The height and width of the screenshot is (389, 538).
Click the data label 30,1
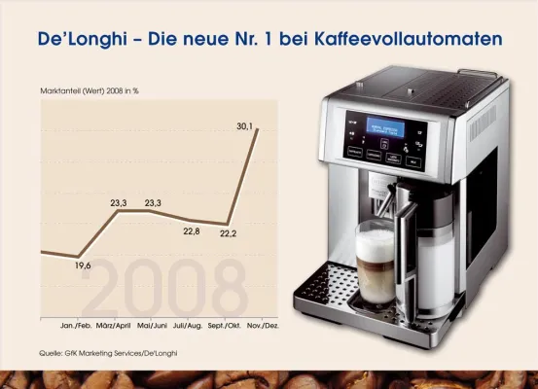pyautogui.click(x=244, y=124)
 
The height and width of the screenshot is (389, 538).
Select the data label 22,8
pyautogui.click(x=192, y=230)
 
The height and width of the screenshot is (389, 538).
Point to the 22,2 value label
pyautogui.click(x=230, y=234)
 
